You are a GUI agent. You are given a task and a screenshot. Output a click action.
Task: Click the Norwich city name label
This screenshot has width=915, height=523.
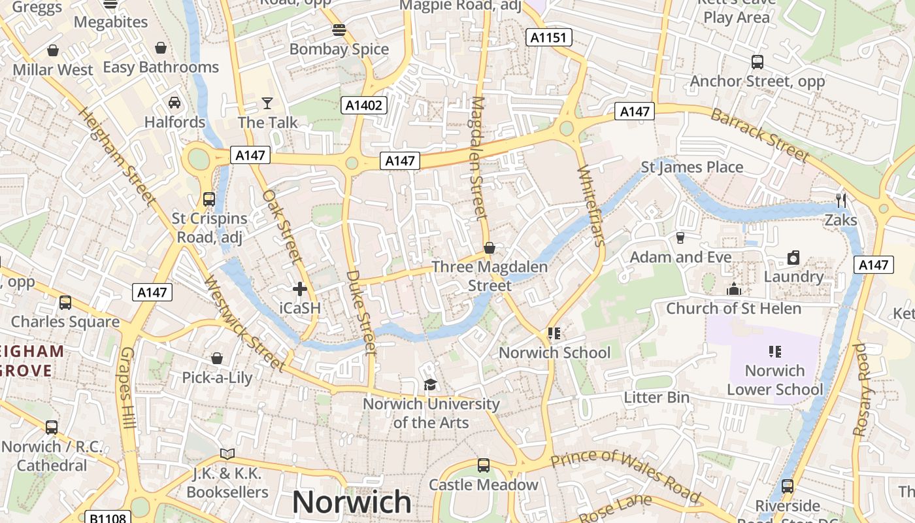pos(352,502)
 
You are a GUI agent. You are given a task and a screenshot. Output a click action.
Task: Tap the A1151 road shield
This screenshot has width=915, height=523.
pos(549,37)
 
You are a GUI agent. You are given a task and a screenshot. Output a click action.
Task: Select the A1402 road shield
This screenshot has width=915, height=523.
pos(364,105)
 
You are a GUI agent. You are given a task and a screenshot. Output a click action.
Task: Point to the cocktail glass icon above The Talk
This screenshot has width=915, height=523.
pos(267,103)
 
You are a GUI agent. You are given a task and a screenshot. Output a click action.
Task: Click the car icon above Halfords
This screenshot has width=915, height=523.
pos(175,103)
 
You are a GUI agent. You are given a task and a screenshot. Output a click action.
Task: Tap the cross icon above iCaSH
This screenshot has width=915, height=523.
pos(300,288)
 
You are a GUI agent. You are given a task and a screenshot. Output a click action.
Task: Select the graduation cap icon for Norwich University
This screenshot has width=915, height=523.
pos(430,384)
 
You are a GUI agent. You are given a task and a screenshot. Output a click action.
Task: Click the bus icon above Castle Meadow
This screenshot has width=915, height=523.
pos(483,465)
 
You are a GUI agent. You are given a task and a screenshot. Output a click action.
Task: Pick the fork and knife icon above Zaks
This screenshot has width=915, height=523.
pos(841,200)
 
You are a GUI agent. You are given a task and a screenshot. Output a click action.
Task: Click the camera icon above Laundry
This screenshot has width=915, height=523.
pos(793,258)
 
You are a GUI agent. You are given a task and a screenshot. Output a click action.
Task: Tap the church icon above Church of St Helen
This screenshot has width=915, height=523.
pos(734,288)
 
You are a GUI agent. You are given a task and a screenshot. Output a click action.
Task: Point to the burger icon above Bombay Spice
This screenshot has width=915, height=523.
pos(339,29)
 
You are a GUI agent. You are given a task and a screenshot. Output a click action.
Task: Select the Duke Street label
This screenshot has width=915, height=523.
pos(361,312)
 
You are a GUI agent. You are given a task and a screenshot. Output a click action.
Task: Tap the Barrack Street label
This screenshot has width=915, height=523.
pos(759,135)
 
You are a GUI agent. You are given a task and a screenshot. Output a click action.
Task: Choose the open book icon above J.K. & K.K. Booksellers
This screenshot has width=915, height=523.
pos(227,454)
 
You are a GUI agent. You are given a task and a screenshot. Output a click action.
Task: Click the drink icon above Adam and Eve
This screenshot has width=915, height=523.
pos(680,238)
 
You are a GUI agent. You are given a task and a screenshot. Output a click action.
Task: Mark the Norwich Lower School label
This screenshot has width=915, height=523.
pos(775,380)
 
